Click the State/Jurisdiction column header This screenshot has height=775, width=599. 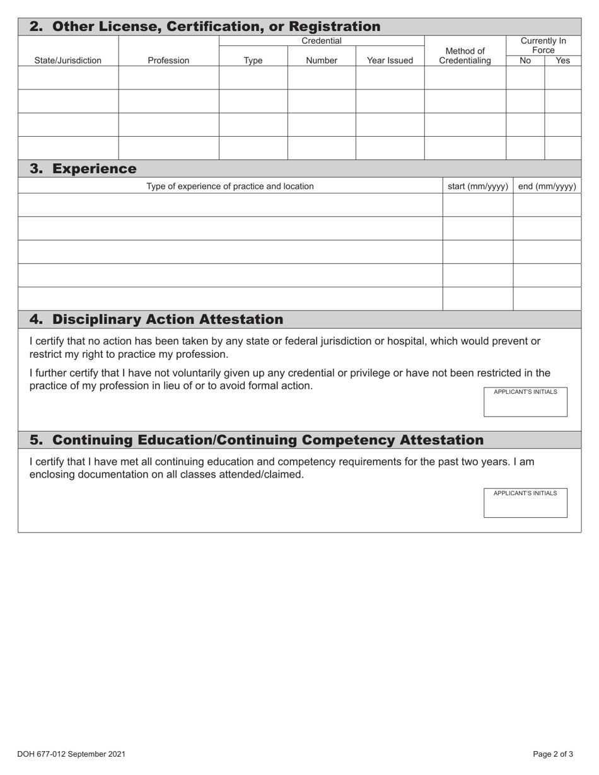point(67,61)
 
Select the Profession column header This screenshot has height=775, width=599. point(168,61)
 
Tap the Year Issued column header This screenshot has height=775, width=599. point(390,61)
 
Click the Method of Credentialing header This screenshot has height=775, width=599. point(465,56)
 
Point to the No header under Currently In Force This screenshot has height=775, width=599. point(525,61)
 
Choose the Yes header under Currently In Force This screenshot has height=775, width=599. point(562,61)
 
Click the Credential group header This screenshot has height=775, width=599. point(322,41)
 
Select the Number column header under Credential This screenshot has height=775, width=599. point(322,61)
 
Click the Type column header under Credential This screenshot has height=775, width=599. point(253,61)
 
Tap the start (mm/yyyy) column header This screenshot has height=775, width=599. point(477,186)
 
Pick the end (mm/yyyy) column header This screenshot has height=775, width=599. point(547,186)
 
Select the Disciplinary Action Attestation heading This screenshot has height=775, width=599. point(156,319)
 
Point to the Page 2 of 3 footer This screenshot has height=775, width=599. point(552,754)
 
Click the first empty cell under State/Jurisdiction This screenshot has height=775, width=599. point(68,78)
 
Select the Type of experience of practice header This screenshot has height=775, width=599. point(230,186)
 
